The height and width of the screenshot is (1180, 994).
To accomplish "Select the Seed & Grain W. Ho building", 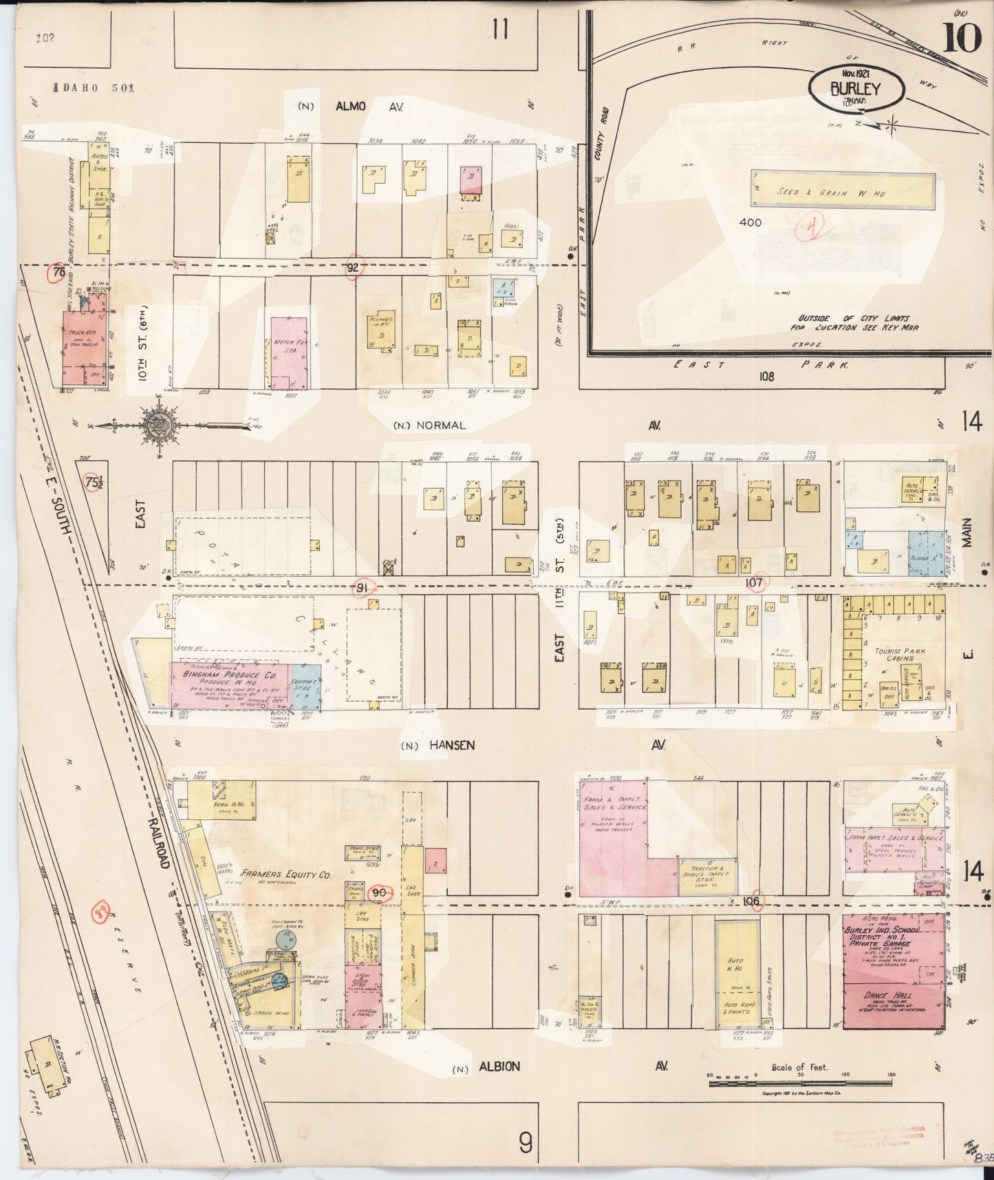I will click(x=842, y=192).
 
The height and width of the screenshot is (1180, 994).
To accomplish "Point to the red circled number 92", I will click(x=353, y=268).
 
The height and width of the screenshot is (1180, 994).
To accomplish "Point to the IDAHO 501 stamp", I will click(x=95, y=87).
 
